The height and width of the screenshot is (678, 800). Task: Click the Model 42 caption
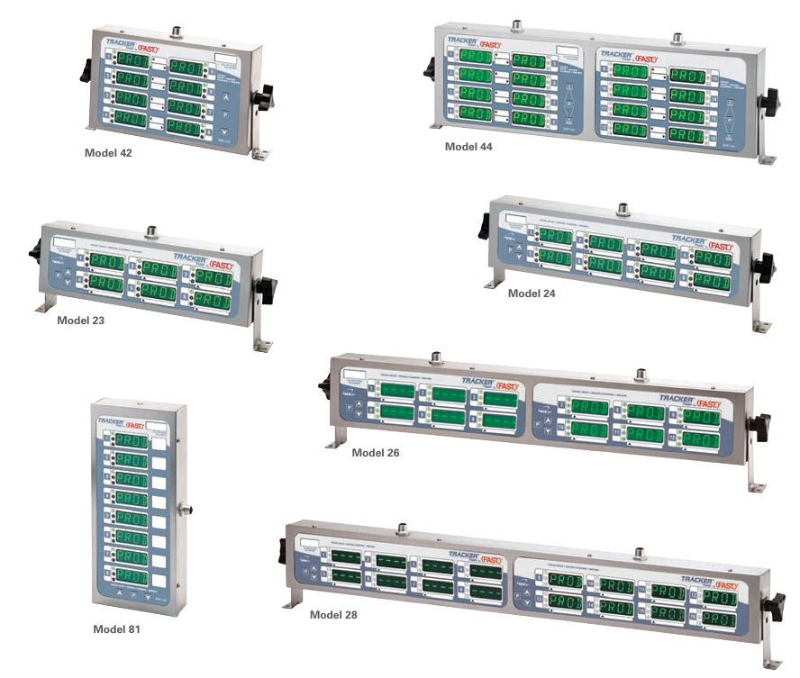pyautogui.click(x=108, y=153)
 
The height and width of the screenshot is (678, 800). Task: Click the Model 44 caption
pyautogui.click(x=468, y=146)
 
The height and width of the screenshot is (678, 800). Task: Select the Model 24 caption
pyautogui.click(x=532, y=294)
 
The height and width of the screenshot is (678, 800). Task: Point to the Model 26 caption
pyautogui.click(x=376, y=453)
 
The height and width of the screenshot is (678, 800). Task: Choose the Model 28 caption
pyautogui.click(x=333, y=615)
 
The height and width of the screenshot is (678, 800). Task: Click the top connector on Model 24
pyautogui.click(x=623, y=209)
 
